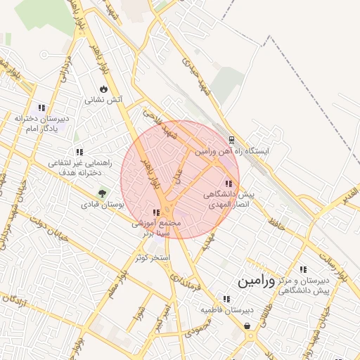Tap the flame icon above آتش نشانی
point(103,89)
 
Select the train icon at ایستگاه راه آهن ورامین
point(232,139)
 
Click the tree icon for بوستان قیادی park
point(103,193)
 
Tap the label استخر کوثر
point(154,258)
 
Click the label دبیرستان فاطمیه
point(226,309)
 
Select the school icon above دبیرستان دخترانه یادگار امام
point(41,108)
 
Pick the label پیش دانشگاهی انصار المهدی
point(228,197)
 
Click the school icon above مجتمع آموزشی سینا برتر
point(156,212)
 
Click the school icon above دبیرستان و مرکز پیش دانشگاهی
point(303,269)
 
